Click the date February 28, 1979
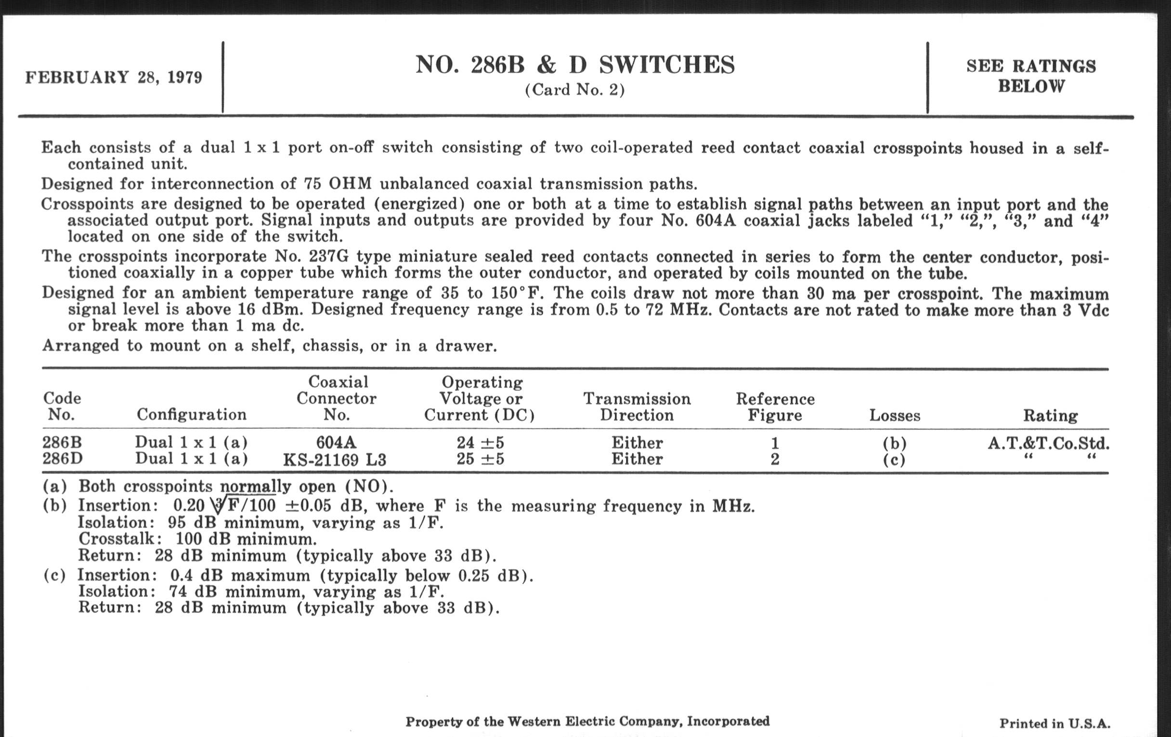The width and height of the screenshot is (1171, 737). (114, 78)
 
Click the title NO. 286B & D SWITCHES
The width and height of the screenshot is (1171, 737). (575, 65)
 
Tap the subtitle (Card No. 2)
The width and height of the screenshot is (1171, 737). (575, 90)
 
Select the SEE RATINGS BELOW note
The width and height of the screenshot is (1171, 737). (1031, 76)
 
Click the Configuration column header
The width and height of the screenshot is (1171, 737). (192, 414)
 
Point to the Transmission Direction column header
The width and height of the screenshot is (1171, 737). (637, 407)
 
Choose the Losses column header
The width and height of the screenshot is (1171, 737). (895, 415)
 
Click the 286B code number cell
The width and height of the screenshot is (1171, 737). (62, 443)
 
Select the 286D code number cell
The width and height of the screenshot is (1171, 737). (62, 459)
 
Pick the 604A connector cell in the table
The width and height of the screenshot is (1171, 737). (336, 443)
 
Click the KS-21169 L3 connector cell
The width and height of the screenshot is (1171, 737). (335, 460)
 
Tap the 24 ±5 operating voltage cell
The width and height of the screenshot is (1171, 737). (480, 443)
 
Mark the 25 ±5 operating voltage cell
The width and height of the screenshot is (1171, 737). (480, 459)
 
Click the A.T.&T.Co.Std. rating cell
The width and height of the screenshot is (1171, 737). (1049, 443)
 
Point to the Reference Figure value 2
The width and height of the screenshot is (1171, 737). (775, 459)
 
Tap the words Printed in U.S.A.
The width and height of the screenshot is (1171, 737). (1055, 724)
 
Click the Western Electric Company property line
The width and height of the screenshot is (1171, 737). (587, 722)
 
